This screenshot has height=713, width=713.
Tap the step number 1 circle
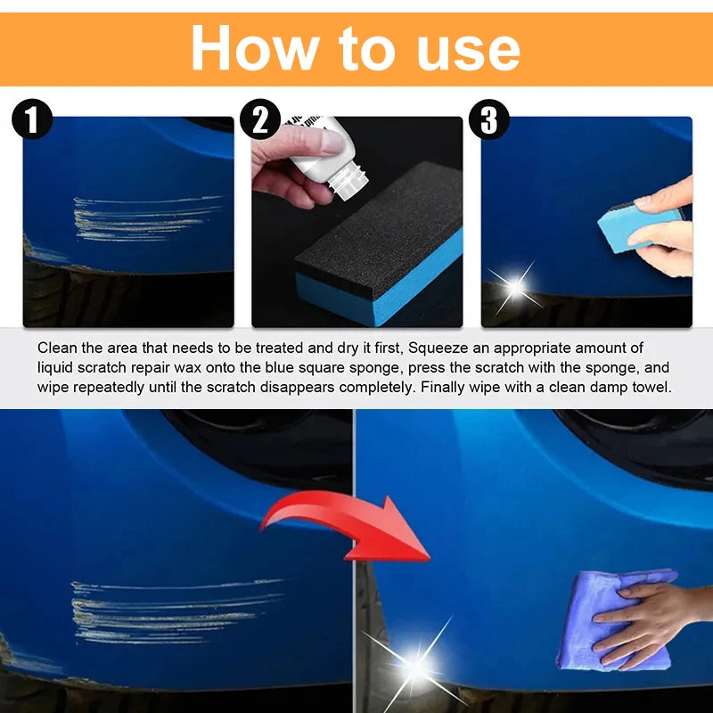point(32,119)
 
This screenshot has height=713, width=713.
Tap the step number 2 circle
point(261,119)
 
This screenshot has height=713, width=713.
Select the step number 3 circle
point(489,119)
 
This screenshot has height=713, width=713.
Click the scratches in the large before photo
point(169,611)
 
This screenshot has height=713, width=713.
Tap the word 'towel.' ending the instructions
point(652,387)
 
